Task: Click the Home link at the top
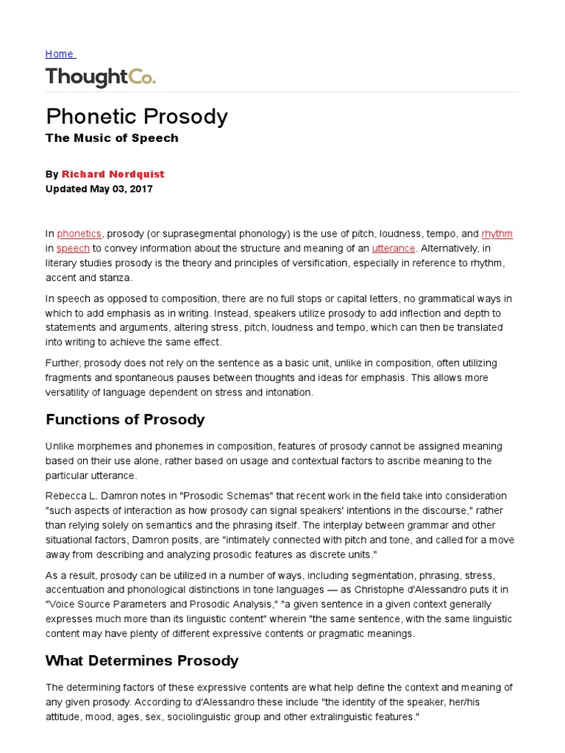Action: [x=59, y=54]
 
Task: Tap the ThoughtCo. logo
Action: [x=100, y=77]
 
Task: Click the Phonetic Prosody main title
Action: [x=137, y=117]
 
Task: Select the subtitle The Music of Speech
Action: [x=112, y=138]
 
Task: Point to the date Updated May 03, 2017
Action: [x=99, y=188]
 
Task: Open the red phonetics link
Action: [x=79, y=234]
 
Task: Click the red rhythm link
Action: [x=497, y=234]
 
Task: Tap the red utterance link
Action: [x=394, y=249]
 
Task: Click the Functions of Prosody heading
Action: [x=125, y=420]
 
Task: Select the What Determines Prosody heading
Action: [x=142, y=660]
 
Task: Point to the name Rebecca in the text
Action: [x=66, y=496]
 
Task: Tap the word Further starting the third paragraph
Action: [x=63, y=363]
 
